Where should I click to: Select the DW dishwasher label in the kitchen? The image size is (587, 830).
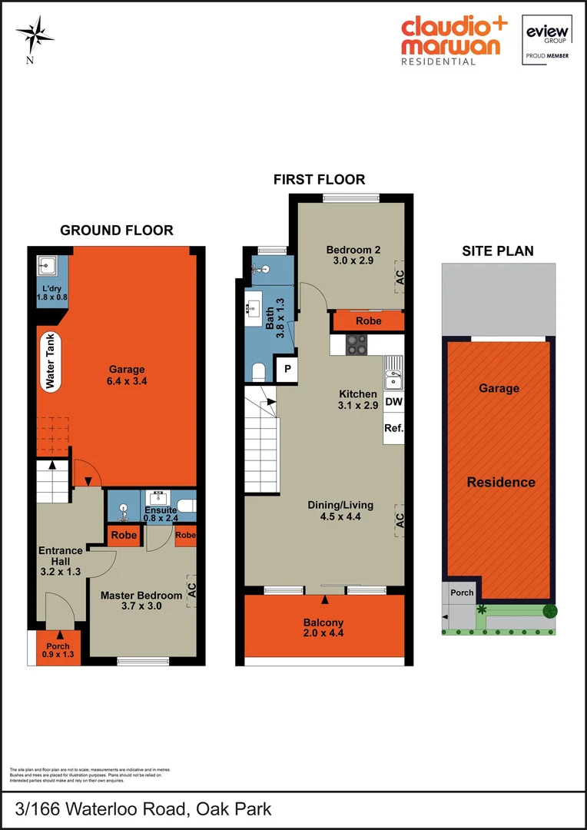393,401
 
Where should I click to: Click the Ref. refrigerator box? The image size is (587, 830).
393,428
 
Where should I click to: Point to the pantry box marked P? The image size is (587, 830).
287,369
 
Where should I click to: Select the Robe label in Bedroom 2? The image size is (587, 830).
369,320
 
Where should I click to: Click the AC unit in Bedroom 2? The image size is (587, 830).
400,277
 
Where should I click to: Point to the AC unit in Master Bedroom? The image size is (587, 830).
192,589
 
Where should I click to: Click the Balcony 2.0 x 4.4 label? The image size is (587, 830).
323,628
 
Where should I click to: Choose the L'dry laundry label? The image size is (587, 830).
52,292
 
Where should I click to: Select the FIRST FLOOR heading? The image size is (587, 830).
319,180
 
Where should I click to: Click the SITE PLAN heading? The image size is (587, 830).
497,251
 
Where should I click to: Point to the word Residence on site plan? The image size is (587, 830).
501,482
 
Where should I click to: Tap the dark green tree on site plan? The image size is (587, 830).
550,612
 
